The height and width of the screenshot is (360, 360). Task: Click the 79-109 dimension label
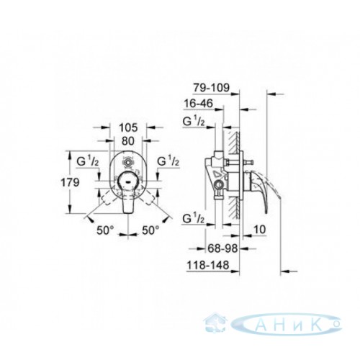[212, 88]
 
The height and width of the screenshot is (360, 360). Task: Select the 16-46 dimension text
[198, 104]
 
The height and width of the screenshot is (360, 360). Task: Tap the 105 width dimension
[128, 127]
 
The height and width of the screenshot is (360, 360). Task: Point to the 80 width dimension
[128, 141]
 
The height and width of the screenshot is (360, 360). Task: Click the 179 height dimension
[70, 183]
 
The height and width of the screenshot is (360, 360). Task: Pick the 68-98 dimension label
[222, 248]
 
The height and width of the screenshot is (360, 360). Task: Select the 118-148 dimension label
[208, 265]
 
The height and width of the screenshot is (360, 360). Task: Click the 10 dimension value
[260, 230]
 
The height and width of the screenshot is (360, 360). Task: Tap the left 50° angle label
[105, 230]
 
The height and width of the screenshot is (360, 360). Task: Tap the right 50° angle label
[150, 230]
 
